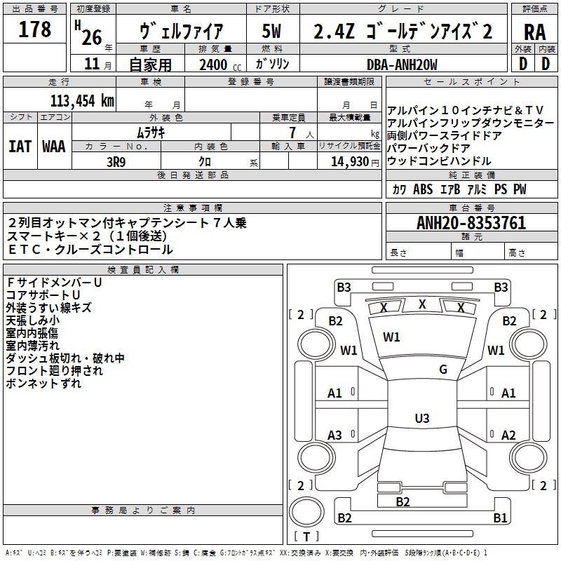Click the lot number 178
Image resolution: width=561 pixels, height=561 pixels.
pyautogui.click(x=34, y=29)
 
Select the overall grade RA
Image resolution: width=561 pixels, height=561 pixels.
pyautogui.click(x=534, y=32)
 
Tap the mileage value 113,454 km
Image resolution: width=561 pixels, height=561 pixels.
pyautogui.click(x=82, y=101)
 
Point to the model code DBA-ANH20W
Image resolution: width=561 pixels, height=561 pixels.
pyautogui.click(x=402, y=65)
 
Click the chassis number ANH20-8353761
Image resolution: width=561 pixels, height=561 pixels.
pyautogui.click(x=471, y=223)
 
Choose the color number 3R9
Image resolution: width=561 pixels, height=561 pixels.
pyautogui.click(x=116, y=162)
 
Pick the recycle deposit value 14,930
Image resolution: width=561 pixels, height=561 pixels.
pyautogui.click(x=350, y=162)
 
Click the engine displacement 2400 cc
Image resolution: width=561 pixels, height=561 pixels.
pyautogui.click(x=220, y=65)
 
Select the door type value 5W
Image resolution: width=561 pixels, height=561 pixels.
pyautogui.click(x=271, y=31)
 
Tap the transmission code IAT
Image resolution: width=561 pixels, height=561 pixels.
pyautogui.click(x=20, y=147)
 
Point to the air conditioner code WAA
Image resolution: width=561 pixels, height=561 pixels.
pyautogui.click(x=54, y=147)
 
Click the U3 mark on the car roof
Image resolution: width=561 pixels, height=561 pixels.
pyautogui.click(x=422, y=418)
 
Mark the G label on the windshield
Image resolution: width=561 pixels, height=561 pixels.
pyautogui.click(x=443, y=370)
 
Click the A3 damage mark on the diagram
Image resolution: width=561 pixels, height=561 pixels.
pyautogui.click(x=334, y=435)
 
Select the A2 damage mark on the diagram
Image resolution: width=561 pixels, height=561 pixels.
pyautogui.click(x=508, y=435)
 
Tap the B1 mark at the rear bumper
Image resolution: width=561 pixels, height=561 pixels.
pyautogui.click(x=500, y=518)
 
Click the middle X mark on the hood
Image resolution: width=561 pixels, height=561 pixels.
pyautogui.click(x=422, y=304)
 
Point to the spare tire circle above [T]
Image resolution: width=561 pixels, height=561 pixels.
pyautogui.click(x=306, y=512)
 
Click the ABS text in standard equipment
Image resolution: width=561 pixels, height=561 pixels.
pyautogui.click(x=423, y=189)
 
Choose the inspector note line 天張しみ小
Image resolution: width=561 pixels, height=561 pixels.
pyautogui.click(x=32, y=320)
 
